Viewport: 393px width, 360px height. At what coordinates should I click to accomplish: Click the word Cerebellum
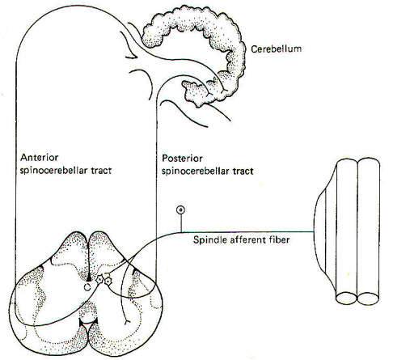click(x=276, y=49)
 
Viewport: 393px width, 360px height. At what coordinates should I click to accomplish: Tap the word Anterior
click(x=40, y=157)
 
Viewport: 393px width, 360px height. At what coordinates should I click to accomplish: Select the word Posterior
click(x=182, y=158)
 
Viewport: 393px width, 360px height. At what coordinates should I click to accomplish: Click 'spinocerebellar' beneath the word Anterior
click(x=53, y=171)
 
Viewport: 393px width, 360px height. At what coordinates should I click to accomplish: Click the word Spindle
click(x=207, y=239)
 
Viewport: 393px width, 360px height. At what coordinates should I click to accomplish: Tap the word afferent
click(x=245, y=239)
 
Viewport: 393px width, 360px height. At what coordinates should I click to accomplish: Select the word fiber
click(x=279, y=239)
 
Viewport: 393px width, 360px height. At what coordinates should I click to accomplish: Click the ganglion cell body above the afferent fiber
click(x=180, y=210)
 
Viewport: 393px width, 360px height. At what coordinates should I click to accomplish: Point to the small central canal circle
click(x=87, y=287)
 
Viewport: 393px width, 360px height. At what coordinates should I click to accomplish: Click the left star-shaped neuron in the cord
click(x=99, y=279)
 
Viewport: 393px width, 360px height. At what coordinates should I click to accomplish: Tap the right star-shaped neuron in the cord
click(x=108, y=282)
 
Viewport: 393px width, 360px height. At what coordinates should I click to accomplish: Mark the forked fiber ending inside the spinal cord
click(x=126, y=321)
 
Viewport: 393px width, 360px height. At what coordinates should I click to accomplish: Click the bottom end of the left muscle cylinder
click(x=346, y=299)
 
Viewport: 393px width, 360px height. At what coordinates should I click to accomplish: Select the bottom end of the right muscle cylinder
click(x=369, y=299)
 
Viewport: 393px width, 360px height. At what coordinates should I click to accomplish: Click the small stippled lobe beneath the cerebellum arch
click(x=196, y=92)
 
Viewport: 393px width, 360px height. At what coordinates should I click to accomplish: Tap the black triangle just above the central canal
click(x=89, y=277)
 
